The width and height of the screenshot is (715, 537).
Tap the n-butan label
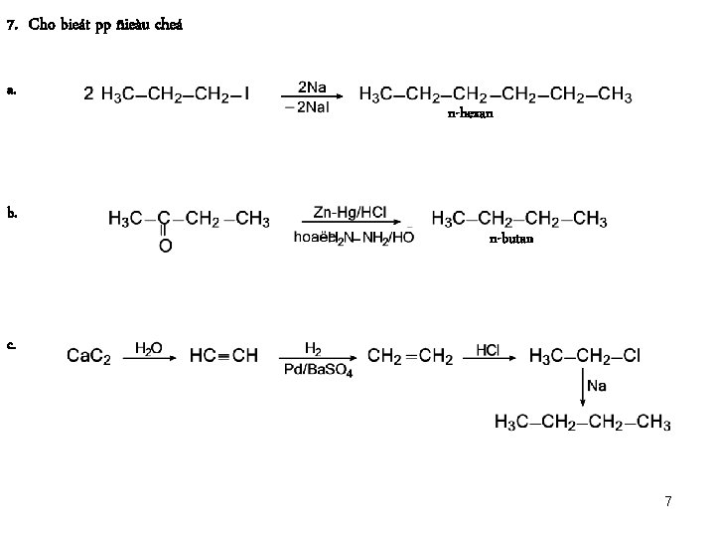[x=511, y=239]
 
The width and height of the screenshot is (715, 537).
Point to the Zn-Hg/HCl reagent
[x=350, y=212]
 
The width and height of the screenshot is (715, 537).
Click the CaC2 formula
[x=88, y=356]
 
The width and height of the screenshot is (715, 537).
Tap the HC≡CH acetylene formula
[x=224, y=356]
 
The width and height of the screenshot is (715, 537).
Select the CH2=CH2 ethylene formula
[x=409, y=356]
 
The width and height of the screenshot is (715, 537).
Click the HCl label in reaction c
[x=489, y=349]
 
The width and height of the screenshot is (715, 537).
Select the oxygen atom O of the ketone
[x=165, y=245]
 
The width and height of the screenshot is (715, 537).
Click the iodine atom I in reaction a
[x=246, y=95]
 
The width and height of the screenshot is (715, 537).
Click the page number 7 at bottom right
[x=668, y=502]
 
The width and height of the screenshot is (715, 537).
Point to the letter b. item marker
[x=11, y=212]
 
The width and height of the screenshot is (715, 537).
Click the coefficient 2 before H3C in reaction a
[x=88, y=95]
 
